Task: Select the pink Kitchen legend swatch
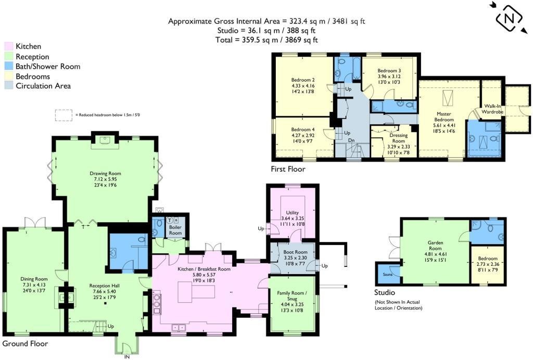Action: pyautogui.click(x=8, y=46)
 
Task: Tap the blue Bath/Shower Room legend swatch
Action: pyautogui.click(x=8, y=67)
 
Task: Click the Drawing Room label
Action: pyautogui.click(x=105, y=173)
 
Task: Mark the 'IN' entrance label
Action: pyautogui.click(x=126, y=356)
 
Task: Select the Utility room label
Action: pyautogui.click(x=291, y=212)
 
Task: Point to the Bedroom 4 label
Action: pyautogui.click(x=302, y=130)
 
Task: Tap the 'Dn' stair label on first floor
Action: pyautogui.click(x=351, y=140)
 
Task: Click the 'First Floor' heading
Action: pyautogui.click(x=288, y=169)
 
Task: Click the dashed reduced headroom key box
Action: pyautogui.click(x=64, y=115)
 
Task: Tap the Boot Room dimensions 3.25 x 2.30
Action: pyautogui.click(x=291, y=258)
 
